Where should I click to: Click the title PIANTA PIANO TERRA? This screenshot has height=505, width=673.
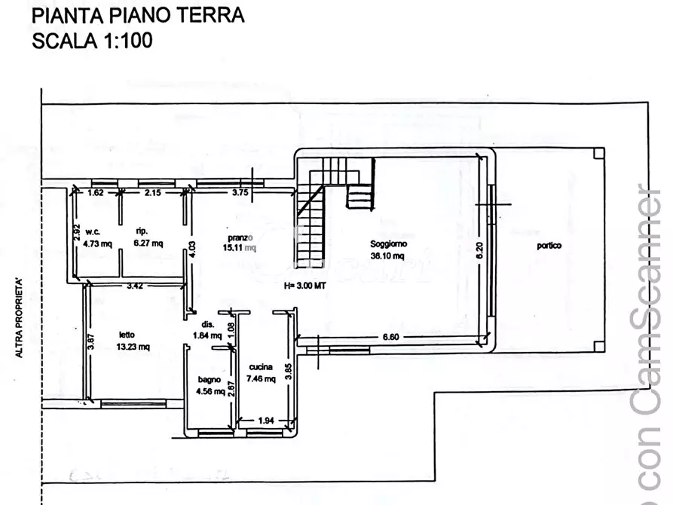(138, 15)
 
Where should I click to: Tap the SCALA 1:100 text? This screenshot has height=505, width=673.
(92, 40)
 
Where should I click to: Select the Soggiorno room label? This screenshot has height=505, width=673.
(388, 244)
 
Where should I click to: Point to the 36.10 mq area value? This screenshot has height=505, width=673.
(387, 256)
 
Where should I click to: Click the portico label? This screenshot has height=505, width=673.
(549, 246)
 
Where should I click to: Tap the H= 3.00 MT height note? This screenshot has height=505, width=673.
(304, 286)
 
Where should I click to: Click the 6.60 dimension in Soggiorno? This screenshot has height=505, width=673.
(391, 337)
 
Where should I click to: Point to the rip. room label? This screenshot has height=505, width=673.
(140, 231)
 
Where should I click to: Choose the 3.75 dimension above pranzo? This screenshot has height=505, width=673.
(240, 193)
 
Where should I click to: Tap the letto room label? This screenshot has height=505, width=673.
(127, 335)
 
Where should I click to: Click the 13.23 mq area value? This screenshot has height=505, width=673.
(134, 347)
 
